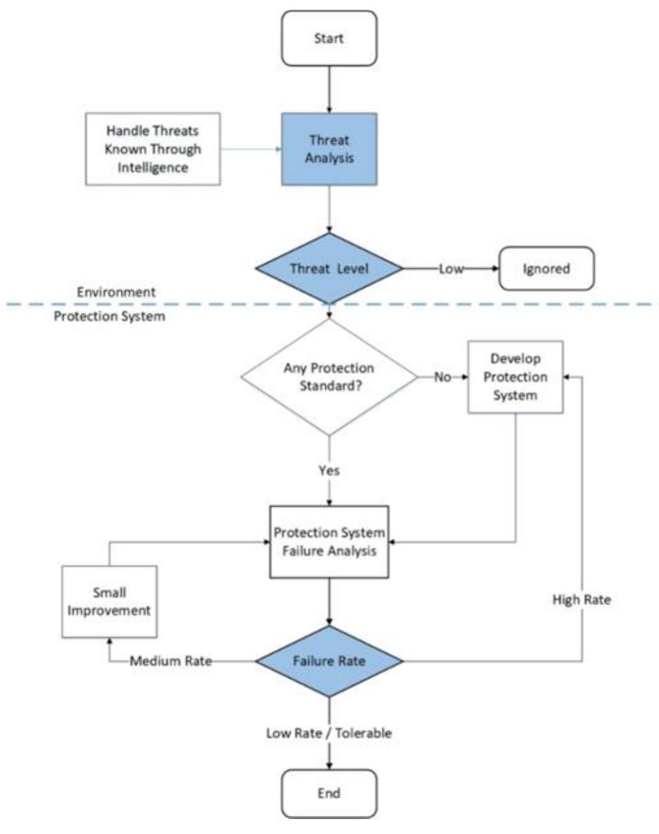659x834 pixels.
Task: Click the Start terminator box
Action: pos(329,38)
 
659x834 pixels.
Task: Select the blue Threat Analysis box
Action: pos(329,149)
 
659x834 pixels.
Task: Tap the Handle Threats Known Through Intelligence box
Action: pos(153,149)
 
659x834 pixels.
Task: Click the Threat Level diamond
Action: pos(329,269)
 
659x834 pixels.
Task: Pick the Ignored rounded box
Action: pos(546,268)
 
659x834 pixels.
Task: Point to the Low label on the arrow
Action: pos(451,269)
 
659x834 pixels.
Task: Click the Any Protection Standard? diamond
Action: pos(329,376)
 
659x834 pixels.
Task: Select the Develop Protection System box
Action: pos(516,377)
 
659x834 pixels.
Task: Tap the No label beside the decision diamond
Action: pos(442,377)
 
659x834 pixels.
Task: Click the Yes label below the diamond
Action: pos(329,470)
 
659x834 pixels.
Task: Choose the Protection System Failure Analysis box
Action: pos(329,542)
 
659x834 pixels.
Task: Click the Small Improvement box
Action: pos(110,602)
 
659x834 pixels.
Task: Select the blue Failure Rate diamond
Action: pos(329,661)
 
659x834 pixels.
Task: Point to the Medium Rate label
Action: pos(171,661)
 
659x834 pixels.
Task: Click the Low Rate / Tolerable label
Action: pos(329,733)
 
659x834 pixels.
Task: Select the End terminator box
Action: pos(329,793)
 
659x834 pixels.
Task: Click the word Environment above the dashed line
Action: pos(116,292)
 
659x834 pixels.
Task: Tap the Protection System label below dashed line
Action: pos(109,317)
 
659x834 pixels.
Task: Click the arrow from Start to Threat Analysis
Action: pos(329,90)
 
